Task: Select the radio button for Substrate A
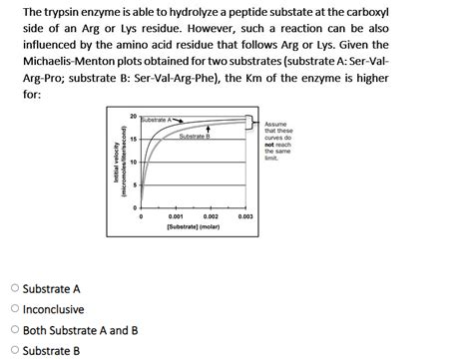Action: tap(11, 289)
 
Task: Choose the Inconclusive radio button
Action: tap(11, 309)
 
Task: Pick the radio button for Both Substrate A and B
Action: tap(11, 330)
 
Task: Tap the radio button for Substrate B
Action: tap(11, 350)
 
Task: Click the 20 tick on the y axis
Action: tap(134, 117)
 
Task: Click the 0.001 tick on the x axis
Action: tap(175, 215)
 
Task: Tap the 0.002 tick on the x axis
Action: tap(211, 215)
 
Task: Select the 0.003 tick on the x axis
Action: tap(246, 215)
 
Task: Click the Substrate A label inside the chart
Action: tap(159, 120)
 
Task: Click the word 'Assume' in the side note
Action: tap(276, 122)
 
